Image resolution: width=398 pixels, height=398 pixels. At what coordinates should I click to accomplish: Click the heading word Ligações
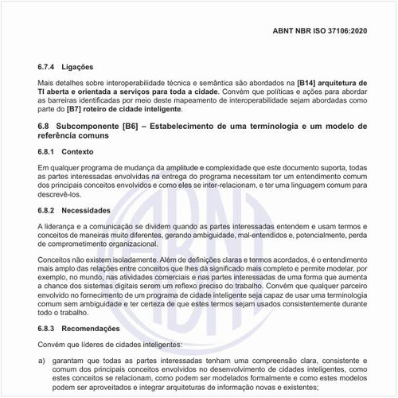(90, 66)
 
